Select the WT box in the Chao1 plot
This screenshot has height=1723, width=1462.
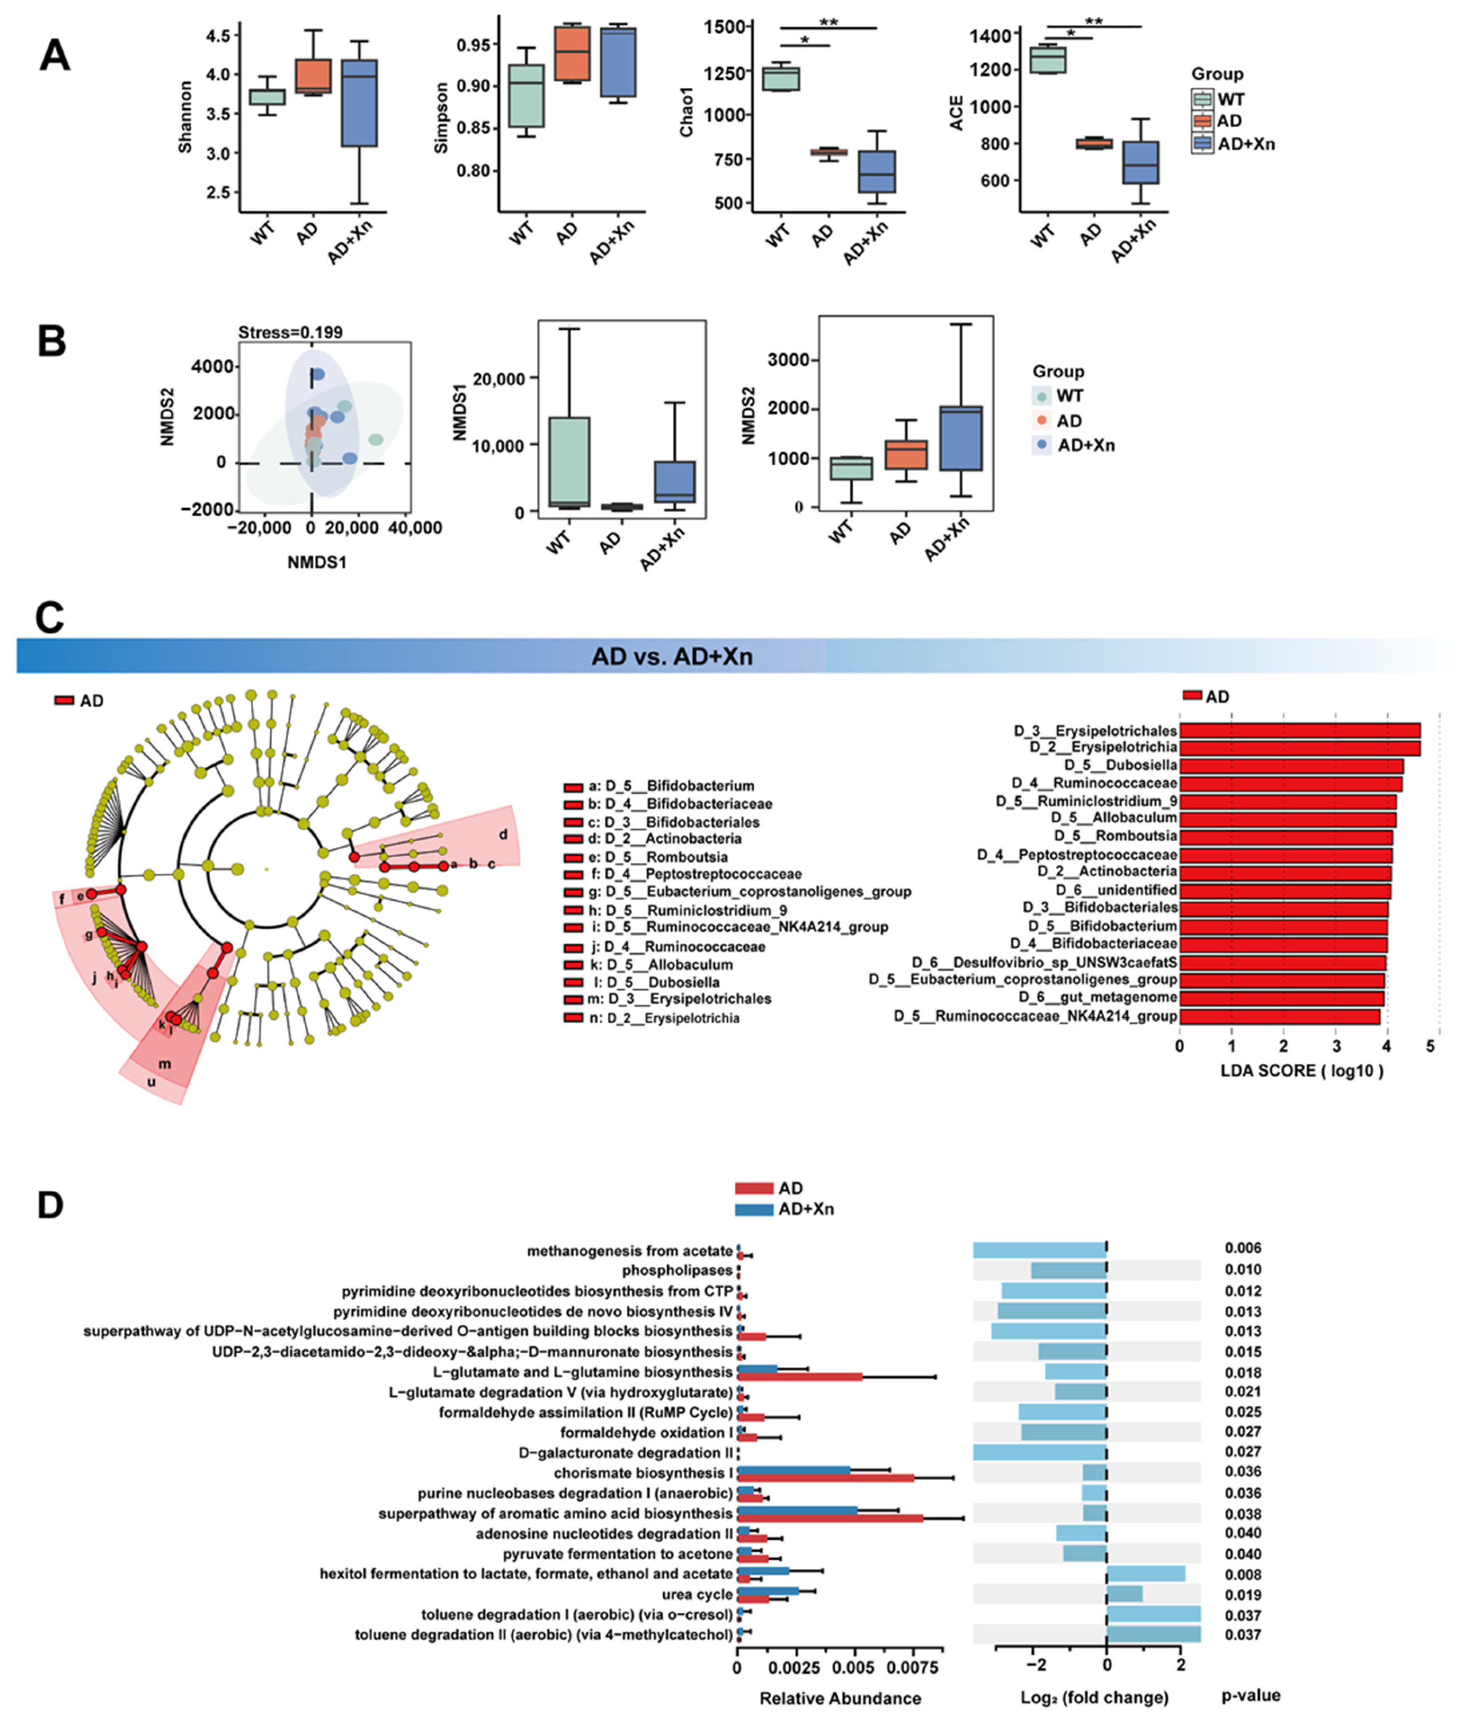(781, 79)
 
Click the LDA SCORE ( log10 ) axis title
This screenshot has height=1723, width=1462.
(1301, 1070)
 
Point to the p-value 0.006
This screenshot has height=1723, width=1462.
(1242, 1247)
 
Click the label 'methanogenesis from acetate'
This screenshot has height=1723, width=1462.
(630, 1251)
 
